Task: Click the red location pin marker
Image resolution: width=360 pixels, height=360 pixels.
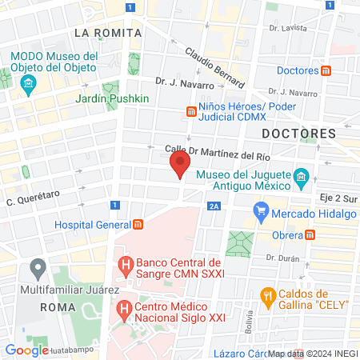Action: pos(180,165)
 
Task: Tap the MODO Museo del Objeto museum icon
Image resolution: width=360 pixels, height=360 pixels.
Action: pos(30,84)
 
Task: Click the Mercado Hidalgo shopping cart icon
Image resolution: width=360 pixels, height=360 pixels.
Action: pos(260,212)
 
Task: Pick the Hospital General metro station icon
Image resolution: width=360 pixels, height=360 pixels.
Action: pos(138,225)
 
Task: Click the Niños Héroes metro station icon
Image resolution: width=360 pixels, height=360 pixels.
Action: pos(191,113)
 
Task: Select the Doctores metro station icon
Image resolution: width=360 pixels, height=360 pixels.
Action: pos(326,70)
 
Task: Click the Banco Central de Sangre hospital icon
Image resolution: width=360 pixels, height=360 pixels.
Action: pos(125,262)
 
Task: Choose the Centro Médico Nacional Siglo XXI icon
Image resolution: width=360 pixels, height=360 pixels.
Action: pos(125,307)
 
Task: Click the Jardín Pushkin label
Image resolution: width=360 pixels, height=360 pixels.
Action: pos(112,98)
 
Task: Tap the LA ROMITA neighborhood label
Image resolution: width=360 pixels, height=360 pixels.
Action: pos(107,33)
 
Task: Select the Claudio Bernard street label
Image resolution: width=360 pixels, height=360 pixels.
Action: pos(215,66)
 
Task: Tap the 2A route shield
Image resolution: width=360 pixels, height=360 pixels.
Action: pos(213,206)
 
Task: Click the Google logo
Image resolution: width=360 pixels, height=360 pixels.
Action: pos(26,350)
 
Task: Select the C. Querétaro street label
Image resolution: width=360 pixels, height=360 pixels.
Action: pos(34,201)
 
